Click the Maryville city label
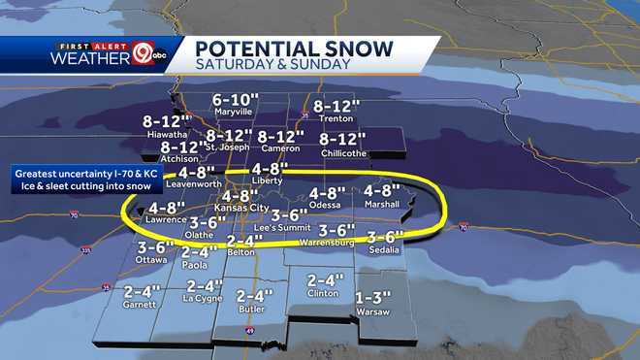click(x=233, y=112)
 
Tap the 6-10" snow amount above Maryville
click(x=233, y=99)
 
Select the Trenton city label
click(x=332, y=118)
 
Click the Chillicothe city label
click(x=341, y=153)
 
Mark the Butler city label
click(x=251, y=309)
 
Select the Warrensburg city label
click(x=326, y=242)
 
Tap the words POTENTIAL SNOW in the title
click(x=294, y=48)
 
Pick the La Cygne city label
click(x=205, y=299)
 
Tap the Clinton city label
click(x=322, y=292)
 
